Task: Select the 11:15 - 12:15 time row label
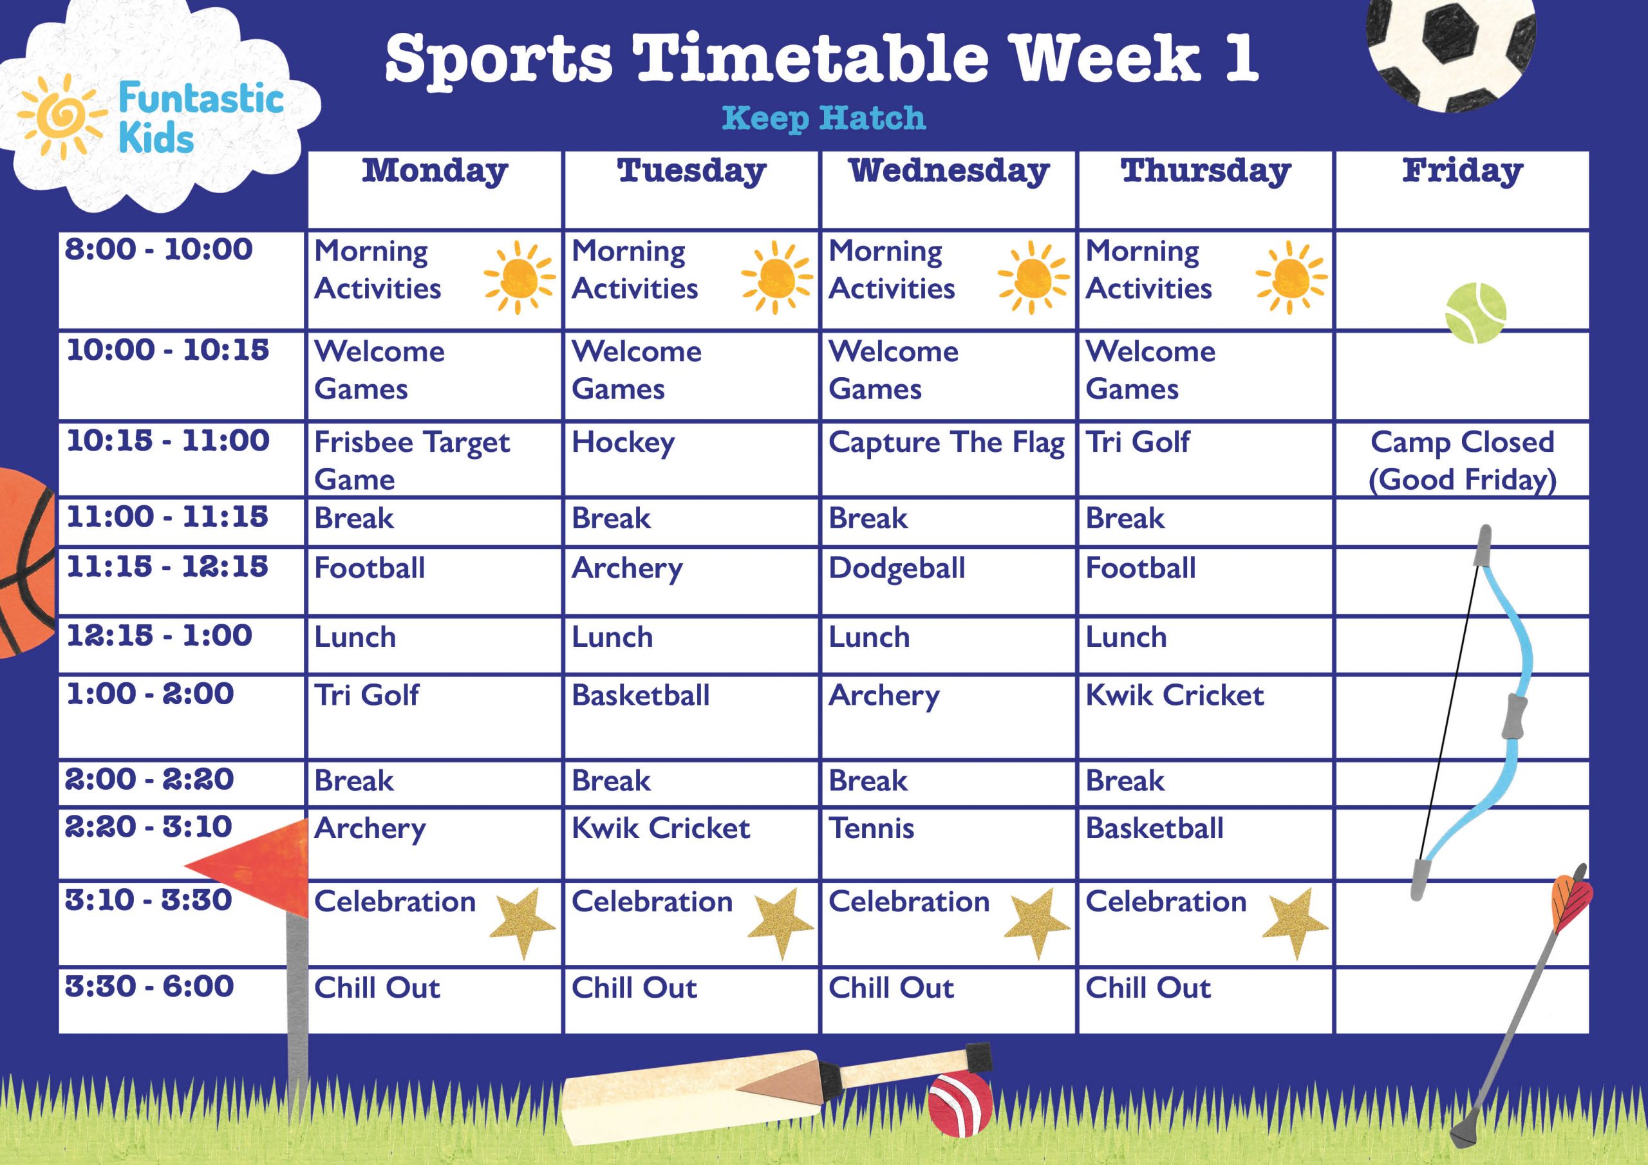click(167, 567)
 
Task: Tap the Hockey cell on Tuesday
click(623, 443)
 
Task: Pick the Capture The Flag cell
click(946, 443)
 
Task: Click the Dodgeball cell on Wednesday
click(897, 568)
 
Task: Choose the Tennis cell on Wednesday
click(872, 829)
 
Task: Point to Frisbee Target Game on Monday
click(411, 460)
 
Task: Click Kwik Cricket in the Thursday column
click(1174, 695)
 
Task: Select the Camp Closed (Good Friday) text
click(1462, 460)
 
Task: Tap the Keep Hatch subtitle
click(823, 118)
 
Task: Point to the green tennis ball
click(1475, 313)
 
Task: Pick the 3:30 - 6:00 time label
click(149, 986)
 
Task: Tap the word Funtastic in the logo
click(200, 98)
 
